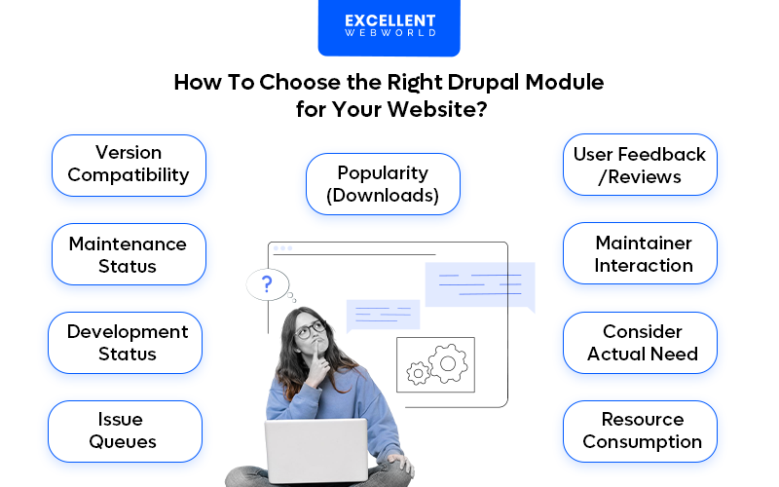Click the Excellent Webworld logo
389,26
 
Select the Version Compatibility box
129,165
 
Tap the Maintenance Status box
129,254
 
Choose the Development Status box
126,343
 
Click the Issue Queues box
125,431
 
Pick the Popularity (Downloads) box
383,184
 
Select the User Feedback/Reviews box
640,165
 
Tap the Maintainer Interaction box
640,253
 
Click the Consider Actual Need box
640,343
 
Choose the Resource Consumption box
640,431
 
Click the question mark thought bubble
268,284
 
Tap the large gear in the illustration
448,362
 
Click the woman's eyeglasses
311,330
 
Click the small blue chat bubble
382,315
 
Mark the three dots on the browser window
282,248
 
